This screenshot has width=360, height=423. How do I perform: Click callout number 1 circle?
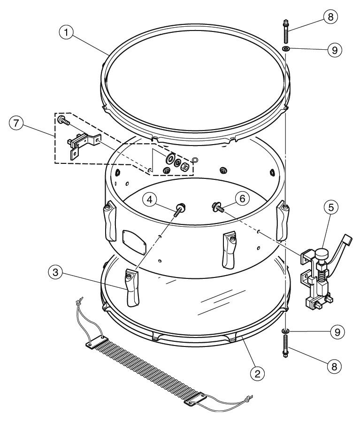click(x=66, y=32)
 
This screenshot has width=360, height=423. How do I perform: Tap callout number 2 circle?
click(x=258, y=374)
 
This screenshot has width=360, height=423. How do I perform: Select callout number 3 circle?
click(x=55, y=272)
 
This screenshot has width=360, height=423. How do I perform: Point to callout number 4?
click(x=150, y=200)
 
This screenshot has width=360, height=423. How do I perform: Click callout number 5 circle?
click(x=331, y=207)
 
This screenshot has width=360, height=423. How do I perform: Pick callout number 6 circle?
click(x=243, y=199)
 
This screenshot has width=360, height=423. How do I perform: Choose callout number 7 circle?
click(x=16, y=123)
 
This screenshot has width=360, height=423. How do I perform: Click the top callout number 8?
click(x=330, y=17)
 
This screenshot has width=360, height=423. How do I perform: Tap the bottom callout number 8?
click(x=334, y=367)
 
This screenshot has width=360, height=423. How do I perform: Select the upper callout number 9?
click(x=335, y=50)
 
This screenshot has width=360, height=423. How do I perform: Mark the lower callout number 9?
click(x=337, y=332)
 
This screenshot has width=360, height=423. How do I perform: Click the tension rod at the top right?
click(x=285, y=31)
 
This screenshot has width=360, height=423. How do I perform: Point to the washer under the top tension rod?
click(x=285, y=48)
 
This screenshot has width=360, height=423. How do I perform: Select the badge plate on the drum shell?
click(x=134, y=242)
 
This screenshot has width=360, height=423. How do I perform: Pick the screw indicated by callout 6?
click(x=219, y=207)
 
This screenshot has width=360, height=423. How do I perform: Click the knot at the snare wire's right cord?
click(x=247, y=399)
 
